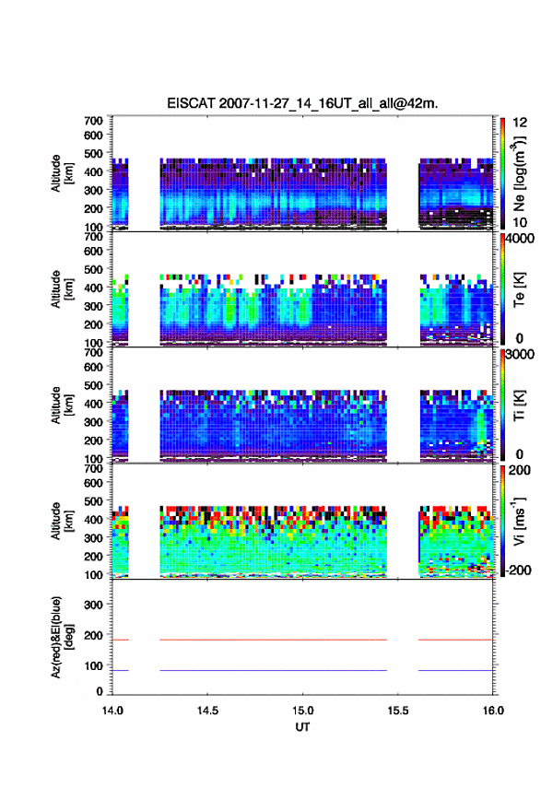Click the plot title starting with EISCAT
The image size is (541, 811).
(302, 103)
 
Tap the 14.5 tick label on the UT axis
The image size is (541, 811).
(207, 711)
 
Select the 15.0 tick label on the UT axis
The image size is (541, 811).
(302, 711)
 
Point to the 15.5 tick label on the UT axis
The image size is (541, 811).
(398, 711)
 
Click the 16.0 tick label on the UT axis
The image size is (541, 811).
(493, 711)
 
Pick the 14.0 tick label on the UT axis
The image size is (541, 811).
(112, 711)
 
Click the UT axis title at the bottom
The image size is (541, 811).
(302, 727)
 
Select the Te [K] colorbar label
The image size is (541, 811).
(519, 289)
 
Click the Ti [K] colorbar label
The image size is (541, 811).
(519, 405)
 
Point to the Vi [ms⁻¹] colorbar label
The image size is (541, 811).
(519, 521)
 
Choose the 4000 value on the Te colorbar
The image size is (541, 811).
(519, 239)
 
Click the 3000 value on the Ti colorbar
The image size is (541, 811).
(519, 354)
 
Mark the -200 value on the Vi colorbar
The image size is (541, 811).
(517, 570)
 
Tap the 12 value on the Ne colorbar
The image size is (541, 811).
(520, 123)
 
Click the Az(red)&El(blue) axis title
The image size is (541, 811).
(62, 637)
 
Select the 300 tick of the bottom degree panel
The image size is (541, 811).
(94, 605)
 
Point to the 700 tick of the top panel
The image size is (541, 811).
(94, 121)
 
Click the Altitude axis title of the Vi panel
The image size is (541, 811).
(62, 521)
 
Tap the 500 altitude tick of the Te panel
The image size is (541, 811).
(94, 269)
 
